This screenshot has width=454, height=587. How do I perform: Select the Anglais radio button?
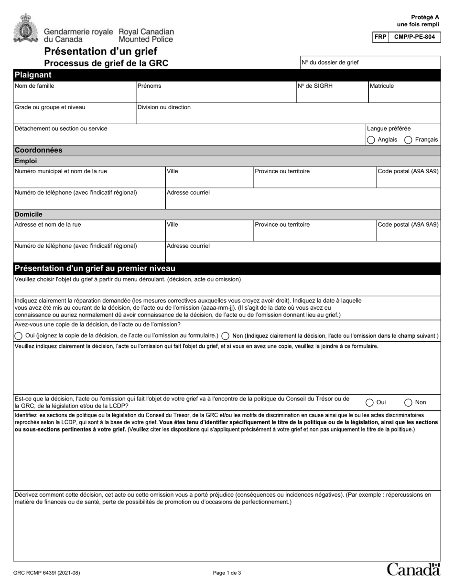[371, 140]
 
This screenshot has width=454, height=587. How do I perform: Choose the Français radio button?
[409, 140]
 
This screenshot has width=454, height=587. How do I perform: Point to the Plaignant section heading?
[33, 75]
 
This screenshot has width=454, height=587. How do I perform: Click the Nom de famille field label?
[34, 86]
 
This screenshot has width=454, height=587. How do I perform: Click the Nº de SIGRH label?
[315, 86]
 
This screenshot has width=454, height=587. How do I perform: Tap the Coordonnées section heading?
[39, 150]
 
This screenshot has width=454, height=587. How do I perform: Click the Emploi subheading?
[26, 161]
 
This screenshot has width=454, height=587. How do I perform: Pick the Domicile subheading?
[28, 215]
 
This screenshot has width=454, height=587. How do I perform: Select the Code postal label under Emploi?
[408, 171]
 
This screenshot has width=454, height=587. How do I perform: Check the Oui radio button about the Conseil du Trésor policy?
[370, 403]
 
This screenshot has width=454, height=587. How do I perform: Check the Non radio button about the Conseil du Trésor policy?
[409, 403]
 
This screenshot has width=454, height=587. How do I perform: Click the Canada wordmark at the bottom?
[413, 569]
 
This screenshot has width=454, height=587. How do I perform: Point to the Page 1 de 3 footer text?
[227, 573]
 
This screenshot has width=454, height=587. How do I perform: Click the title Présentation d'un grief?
[101, 52]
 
